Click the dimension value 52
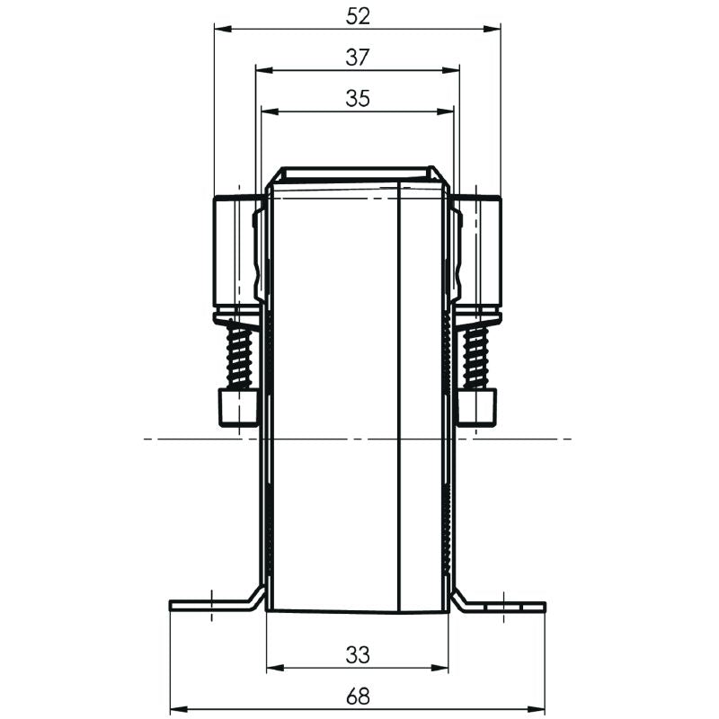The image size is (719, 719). (x=358, y=16)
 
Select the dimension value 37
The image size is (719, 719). (x=358, y=58)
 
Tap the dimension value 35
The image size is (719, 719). (x=358, y=99)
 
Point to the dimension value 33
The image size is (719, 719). (x=358, y=655)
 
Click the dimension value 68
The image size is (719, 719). (x=358, y=696)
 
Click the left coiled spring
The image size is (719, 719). (x=240, y=356)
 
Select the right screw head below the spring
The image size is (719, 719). (x=476, y=406)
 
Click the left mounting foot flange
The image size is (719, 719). (x=211, y=604)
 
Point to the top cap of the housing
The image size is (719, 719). (x=358, y=173)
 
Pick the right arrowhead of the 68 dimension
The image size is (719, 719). (x=538, y=708)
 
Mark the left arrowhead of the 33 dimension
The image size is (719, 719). (x=274, y=668)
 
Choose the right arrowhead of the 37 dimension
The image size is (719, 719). (x=453, y=70)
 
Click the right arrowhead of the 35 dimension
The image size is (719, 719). (x=448, y=111)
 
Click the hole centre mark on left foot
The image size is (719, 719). (x=210, y=604)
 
